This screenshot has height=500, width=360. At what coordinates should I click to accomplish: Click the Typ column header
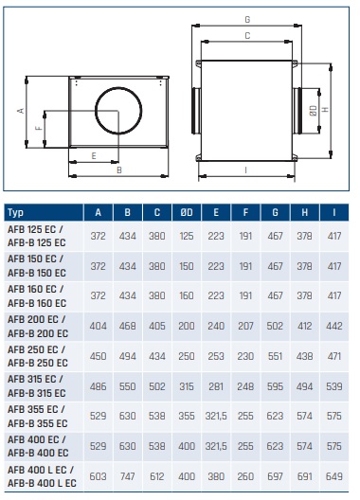pyautogui.click(x=16, y=212)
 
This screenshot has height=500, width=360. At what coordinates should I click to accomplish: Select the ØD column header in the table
pyautogui.click(x=187, y=212)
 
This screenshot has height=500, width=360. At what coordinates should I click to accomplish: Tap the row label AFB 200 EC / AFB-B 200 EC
pyautogui.click(x=38, y=326)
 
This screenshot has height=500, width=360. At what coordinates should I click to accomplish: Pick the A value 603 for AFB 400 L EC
pyautogui.click(x=98, y=476)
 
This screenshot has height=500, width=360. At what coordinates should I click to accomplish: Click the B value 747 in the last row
pyautogui.click(x=127, y=476)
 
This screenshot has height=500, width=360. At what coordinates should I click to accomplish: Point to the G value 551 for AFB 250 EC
pyautogui.click(x=275, y=356)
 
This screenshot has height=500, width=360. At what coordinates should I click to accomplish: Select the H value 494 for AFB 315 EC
pyautogui.click(x=304, y=386)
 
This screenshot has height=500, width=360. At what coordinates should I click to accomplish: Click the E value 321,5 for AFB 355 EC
pyautogui.click(x=216, y=416)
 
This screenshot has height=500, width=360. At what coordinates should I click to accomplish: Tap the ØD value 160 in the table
pyautogui.click(x=187, y=295)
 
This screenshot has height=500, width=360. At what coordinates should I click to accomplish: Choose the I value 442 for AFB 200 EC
pyautogui.click(x=334, y=326)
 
